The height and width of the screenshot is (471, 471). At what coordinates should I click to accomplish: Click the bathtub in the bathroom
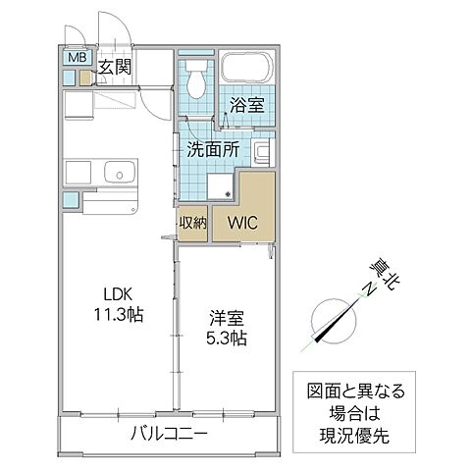[x=246, y=70]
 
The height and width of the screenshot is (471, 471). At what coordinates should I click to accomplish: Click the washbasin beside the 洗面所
[x=262, y=152]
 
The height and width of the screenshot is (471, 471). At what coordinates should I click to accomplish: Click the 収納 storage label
[x=192, y=223]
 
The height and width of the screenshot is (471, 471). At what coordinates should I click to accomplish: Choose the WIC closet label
[x=242, y=223]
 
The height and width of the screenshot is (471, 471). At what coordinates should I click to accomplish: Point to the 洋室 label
[x=226, y=317]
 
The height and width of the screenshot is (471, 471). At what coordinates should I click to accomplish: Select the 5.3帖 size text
[x=226, y=339]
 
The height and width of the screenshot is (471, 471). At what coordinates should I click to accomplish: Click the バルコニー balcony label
[x=170, y=433]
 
